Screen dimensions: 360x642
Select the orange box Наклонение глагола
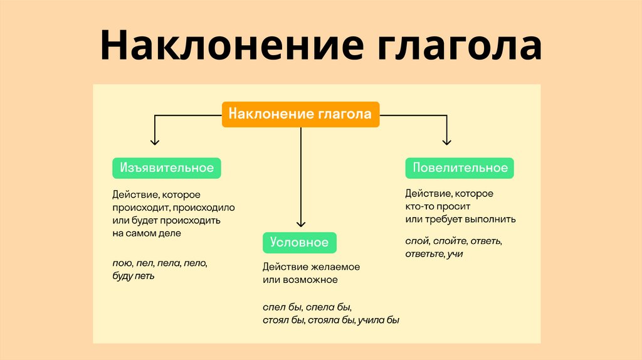(x=300, y=114)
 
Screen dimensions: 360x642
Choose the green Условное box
(x=300, y=242)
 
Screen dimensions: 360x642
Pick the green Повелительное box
(x=460, y=168)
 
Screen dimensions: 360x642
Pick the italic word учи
(x=455, y=253)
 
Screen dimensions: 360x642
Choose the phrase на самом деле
(x=147, y=233)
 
